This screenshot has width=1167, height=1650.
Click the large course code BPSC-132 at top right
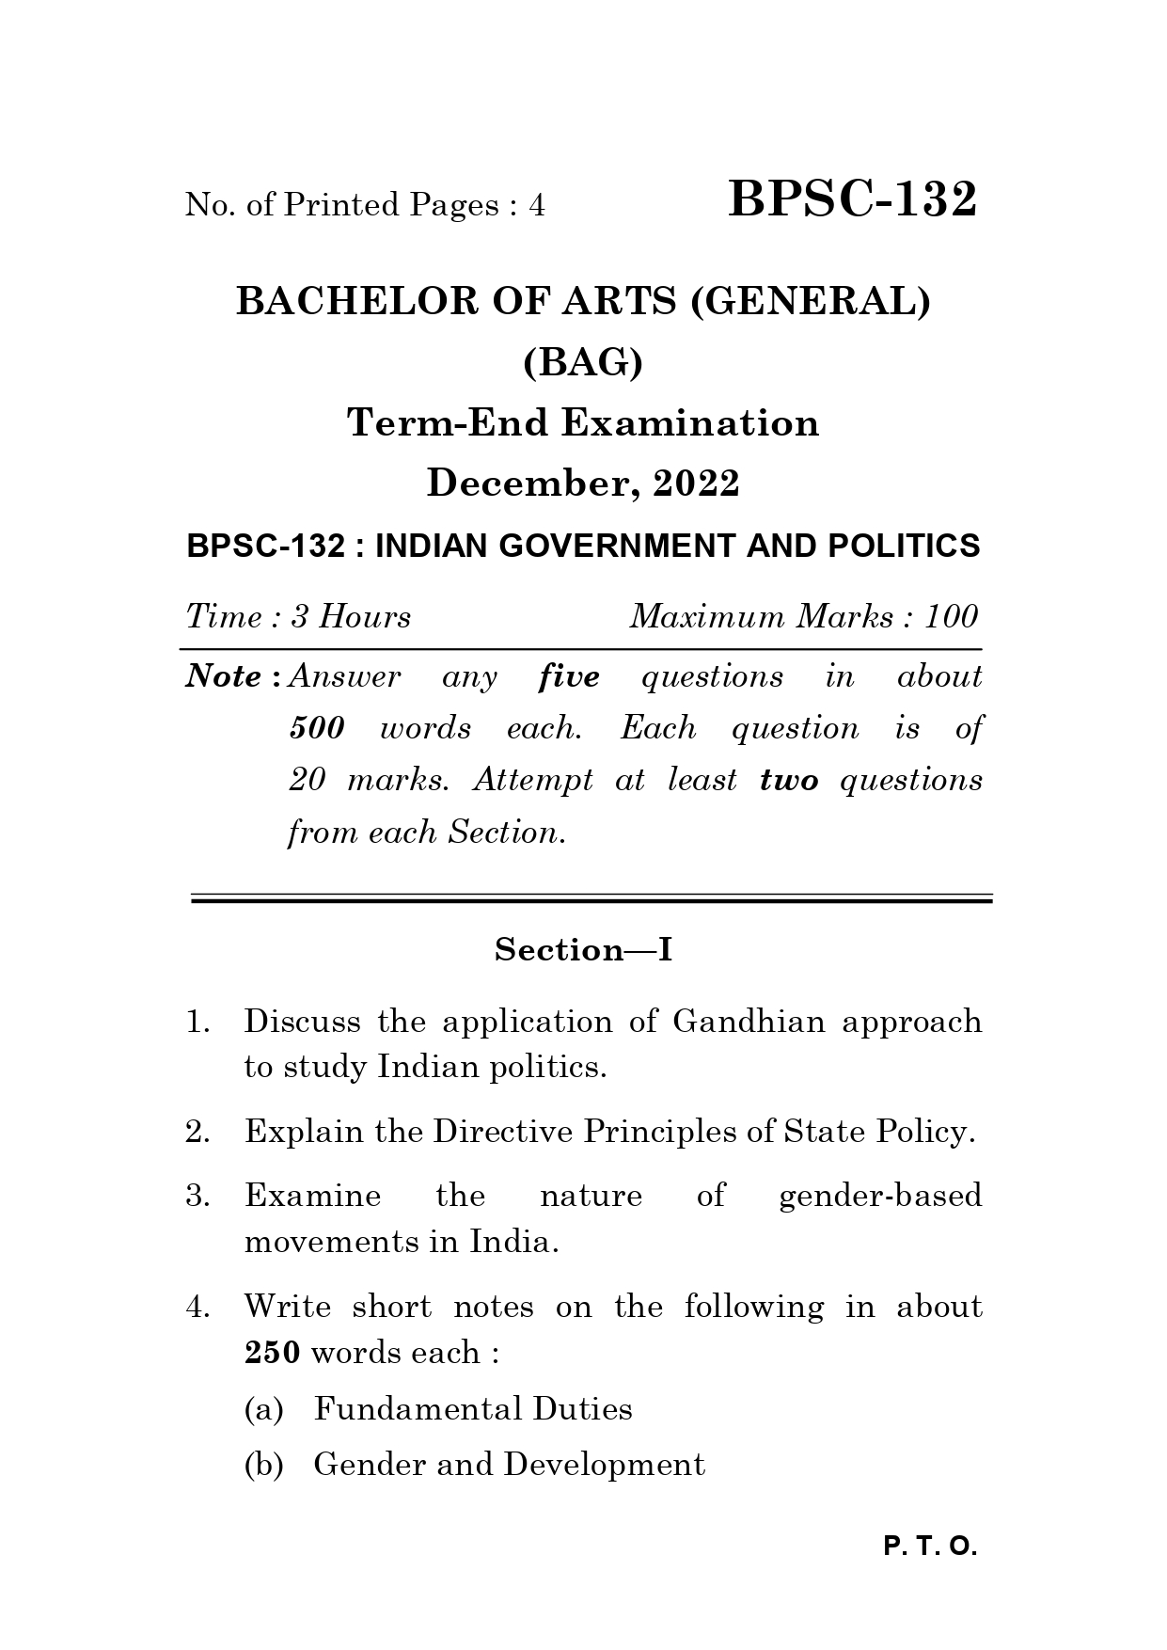pyautogui.click(x=852, y=199)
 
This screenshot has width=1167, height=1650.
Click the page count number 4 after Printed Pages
pyautogui.click(x=537, y=205)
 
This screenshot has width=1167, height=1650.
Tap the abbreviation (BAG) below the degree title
pyautogui.click(x=583, y=362)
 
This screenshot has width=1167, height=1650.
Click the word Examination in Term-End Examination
pyautogui.click(x=690, y=423)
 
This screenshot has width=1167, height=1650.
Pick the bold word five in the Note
pyautogui.click(x=569, y=677)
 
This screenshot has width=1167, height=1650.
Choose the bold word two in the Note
pyautogui.click(x=789, y=781)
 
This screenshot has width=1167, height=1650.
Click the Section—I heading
pyautogui.click(x=583, y=950)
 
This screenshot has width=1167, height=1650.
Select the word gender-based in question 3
pyautogui.click(x=880, y=1197)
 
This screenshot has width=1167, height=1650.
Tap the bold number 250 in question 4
pyautogui.click(x=272, y=1354)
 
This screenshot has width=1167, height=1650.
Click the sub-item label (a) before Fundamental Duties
pyautogui.click(x=263, y=1409)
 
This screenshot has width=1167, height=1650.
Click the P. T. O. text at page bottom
pyautogui.click(x=930, y=1547)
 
